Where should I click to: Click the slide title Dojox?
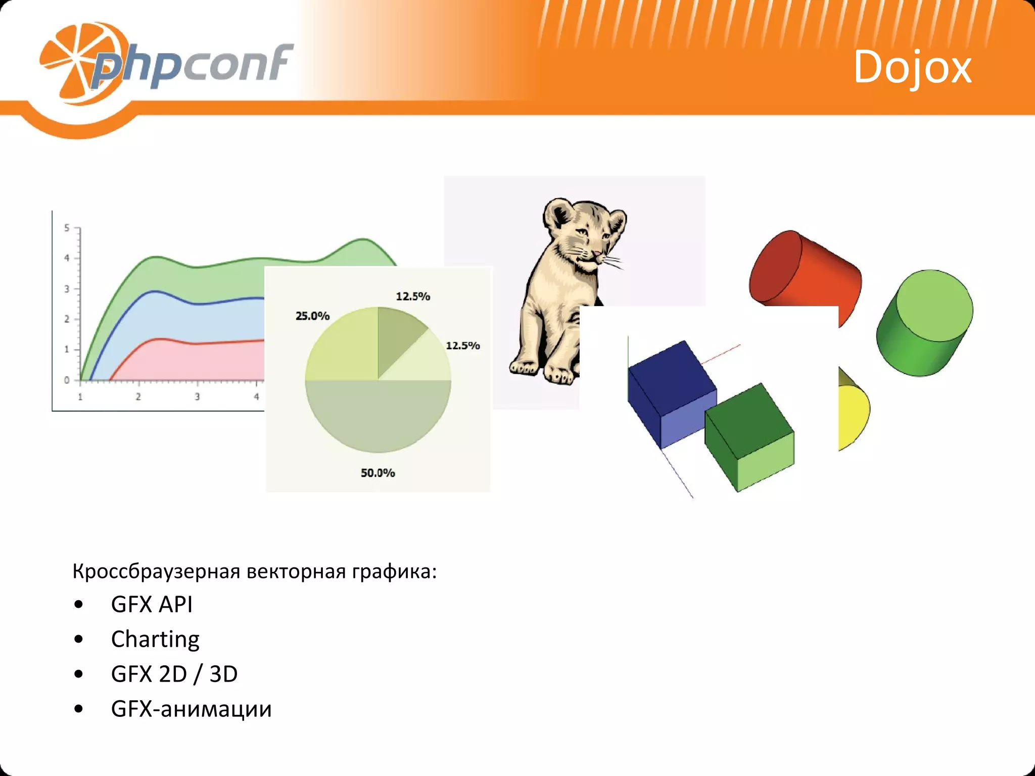pyautogui.click(x=912, y=67)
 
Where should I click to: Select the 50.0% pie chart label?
pyautogui.click(x=378, y=473)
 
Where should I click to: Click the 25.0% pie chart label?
pyautogui.click(x=312, y=316)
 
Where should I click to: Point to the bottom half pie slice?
pyautogui.click(x=378, y=414)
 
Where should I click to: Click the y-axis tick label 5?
pyautogui.click(x=67, y=228)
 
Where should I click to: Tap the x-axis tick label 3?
pyautogui.click(x=197, y=397)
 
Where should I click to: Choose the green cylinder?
pyautogui.click(x=925, y=323)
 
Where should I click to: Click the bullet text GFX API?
pyautogui.click(x=152, y=604)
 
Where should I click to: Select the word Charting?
pyautogui.click(x=155, y=639)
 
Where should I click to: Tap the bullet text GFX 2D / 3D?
pyautogui.click(x=174, y=674)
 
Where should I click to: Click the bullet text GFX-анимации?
pyautogui.click(x=191, y=709)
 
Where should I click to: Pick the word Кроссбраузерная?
pyautogui.click(x=156, y=571)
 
